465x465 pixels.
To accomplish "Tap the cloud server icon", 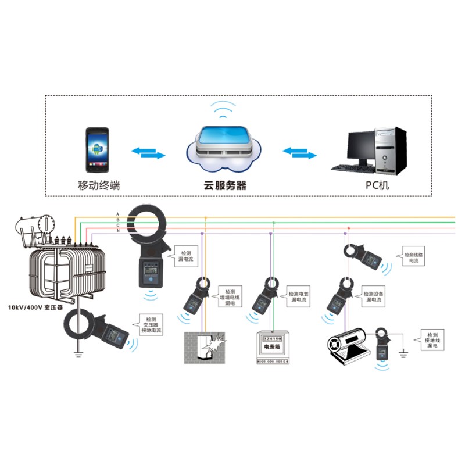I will point(224,149).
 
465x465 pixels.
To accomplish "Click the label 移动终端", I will point(99,186).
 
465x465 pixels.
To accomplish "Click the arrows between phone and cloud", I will point(149,153).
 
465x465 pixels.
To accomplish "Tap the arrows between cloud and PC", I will point(299,153).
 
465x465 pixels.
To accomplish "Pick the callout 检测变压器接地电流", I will point(152,325).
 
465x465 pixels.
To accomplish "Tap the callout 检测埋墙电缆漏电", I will point(230,296).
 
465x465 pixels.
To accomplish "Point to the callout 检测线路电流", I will point(414,258).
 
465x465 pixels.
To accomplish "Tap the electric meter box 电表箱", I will point(273,348).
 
